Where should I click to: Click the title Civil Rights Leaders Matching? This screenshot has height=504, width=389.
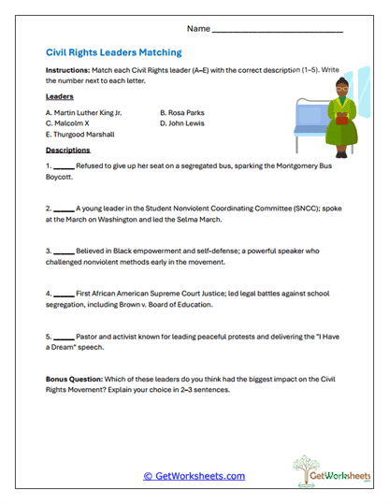pyautogui.click(x=113, y=53)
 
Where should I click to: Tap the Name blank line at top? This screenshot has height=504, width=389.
pyautogui.click(x=278, y=31)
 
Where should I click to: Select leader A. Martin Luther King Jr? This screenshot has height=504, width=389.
pyautogui.click(x=83, y=111)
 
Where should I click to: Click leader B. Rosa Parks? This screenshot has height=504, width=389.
pyautogui.click(x=182, y=111)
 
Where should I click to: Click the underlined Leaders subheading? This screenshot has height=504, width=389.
pyautogui.click(x=60, y=96)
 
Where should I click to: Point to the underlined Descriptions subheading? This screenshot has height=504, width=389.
pyautogui.click(x=67, y=150)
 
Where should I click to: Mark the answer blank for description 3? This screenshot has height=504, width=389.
pyautogui.click(x=65, y=251)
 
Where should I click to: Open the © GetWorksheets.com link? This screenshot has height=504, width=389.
pyautogui.click(x=194, y=476)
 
